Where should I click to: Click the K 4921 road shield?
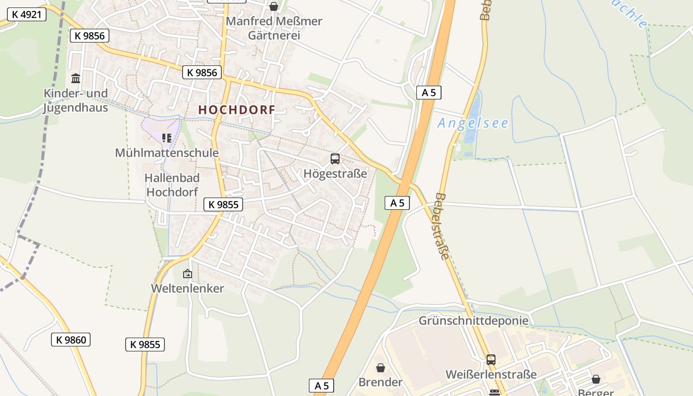pyautogui.click(x=27, y=14)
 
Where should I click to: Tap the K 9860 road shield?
pyautogui.click(x=71, y=340)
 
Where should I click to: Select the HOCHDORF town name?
pyautogui.click(x=237, y=110)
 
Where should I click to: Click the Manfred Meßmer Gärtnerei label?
pyautogui.click(x=274, y=28)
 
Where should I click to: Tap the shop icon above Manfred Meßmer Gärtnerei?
pyautogui.click(x=273, y=6)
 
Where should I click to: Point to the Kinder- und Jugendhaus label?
pyautogui.click(x=75, y=100)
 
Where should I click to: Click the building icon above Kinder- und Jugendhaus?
pyautogui.click(x=76, y=78)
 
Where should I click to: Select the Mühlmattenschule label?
pyautogui.click(x=166, y=152)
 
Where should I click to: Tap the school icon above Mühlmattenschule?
pyautogui.click(x=167, y=138)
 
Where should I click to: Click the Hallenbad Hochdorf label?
pyautogui.click(x=172, y=185)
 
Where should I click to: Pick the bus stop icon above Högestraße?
pyautogui.click(x=335, y=159)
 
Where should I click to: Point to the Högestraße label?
pyautogui.click(x=335, y=174)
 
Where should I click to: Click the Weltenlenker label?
pyautogui.click(x=188, y=288)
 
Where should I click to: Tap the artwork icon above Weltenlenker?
pyautogui.click(x=188, y=273)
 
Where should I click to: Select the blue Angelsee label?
pyautogui.click(x=473, y=123)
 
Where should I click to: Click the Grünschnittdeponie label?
pyautogui.click(x=473, y=321)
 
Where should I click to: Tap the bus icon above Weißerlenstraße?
pyautogui.click(x=491, y=359)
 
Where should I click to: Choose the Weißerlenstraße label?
pyautogui.click(x=491, y=374)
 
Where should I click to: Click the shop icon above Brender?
pyautogui.click(x=381, y=368)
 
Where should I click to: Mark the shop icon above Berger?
pyautogui.click(x=596, y=379)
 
